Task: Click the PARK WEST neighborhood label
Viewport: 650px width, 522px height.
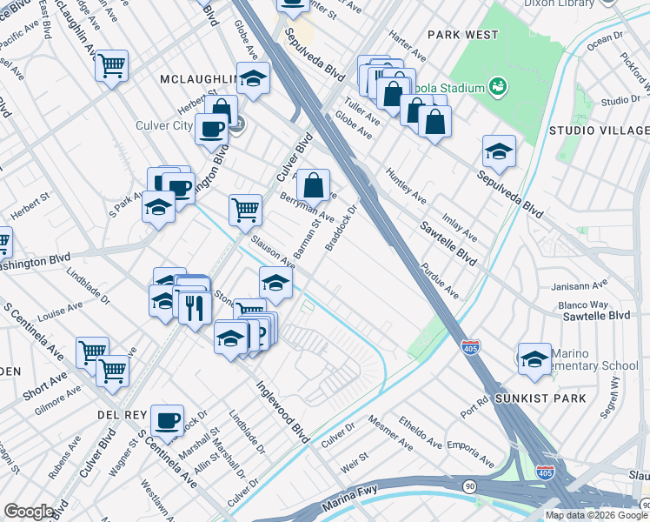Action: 464,34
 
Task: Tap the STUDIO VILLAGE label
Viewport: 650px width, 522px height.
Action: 598,130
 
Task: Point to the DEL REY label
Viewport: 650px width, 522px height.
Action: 118,415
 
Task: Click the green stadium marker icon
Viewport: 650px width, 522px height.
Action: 498,85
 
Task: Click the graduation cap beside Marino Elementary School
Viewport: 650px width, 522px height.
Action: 534,358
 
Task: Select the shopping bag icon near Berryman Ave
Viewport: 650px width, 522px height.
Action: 313,184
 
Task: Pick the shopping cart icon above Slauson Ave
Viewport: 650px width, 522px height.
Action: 246,208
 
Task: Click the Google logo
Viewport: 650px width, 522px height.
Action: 30,512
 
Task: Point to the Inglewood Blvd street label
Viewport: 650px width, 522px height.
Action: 283,412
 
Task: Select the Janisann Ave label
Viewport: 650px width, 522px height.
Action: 578,285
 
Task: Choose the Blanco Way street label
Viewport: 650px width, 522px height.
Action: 583,304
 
